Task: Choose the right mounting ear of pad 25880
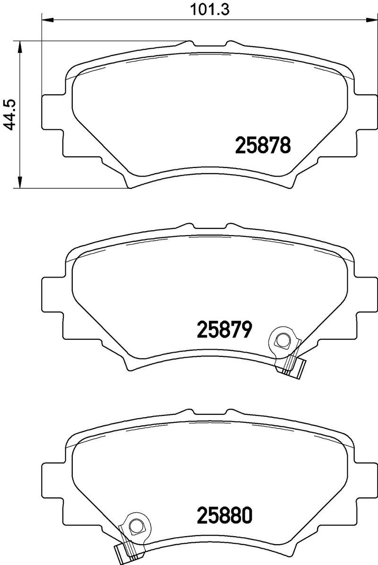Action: pyautogui.click(x=361, y=478)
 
